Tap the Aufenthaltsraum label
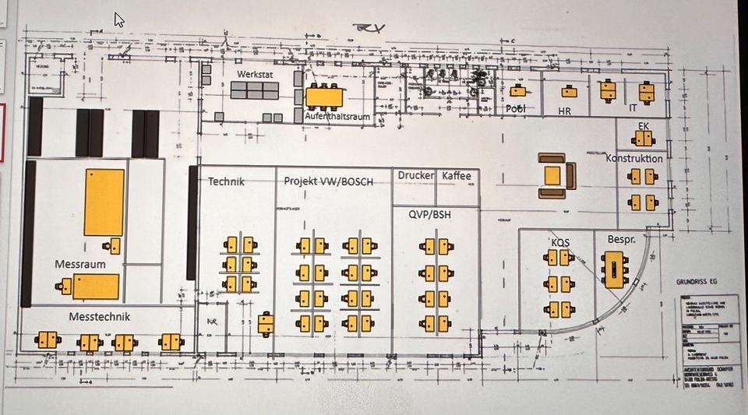[x=337, y=116]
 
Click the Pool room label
[x=516, y=109]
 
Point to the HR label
[x=565, y=111]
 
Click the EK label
[x=643, y=125]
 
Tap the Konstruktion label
[x=634, y=158]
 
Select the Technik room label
[x=226, y=181]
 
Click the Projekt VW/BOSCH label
[x=328, y=181]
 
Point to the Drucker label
[x=415, y=176]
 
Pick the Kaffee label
[x=457, y=176]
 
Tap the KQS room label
[x=560, y=242]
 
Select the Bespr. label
[x=612, y=237]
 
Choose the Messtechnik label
[x=99, y=317]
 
